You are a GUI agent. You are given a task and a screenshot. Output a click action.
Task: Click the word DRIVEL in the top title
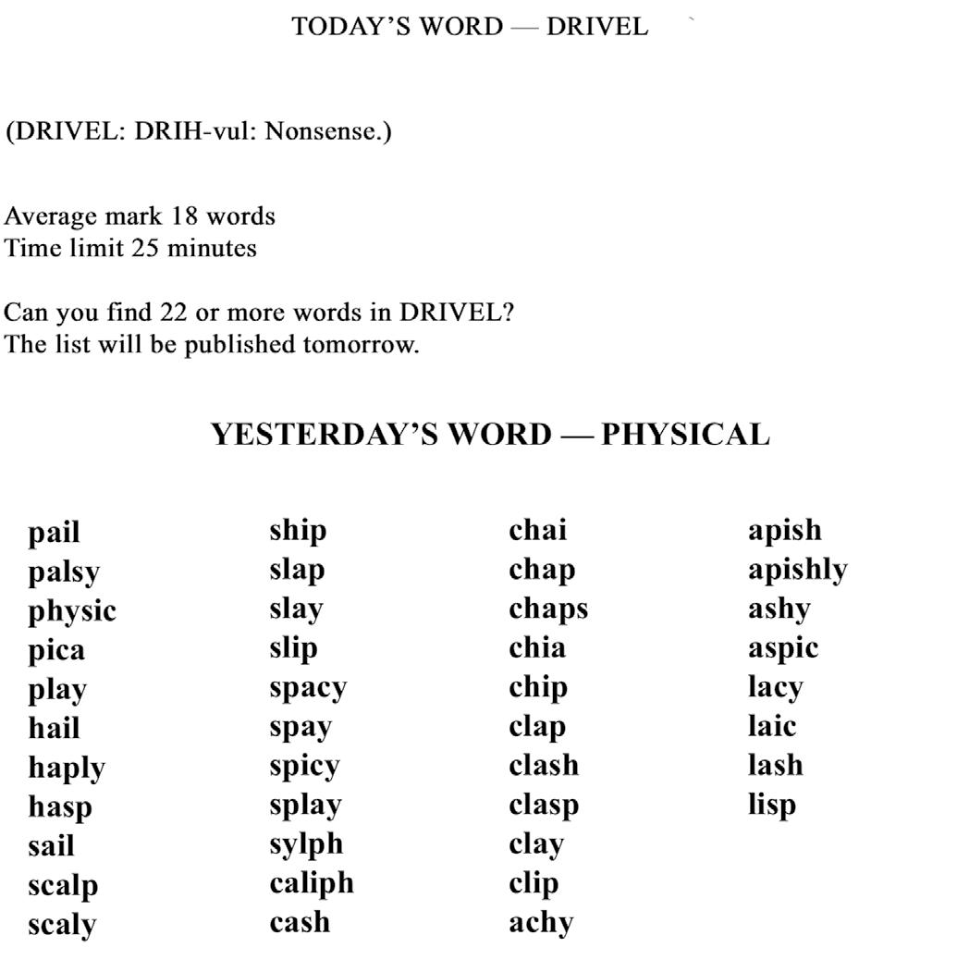[596, 27]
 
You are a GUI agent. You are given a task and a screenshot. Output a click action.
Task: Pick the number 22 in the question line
[173, 312]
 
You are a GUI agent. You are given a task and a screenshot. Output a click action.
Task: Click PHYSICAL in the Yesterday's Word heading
[685, 435]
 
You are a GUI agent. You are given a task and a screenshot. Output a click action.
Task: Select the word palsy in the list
[63, 572]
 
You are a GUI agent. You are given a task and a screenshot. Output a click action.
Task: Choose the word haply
[67, 769]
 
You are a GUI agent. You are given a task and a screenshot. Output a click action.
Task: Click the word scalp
[62, 886]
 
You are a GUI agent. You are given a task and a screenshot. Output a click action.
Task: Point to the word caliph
[312, 884]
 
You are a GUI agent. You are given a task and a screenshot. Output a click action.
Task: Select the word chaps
[547, 609]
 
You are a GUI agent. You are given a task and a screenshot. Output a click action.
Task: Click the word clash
[544, 766]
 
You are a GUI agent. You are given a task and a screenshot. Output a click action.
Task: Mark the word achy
[541, 923]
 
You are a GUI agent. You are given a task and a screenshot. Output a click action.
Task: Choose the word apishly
[797, 571]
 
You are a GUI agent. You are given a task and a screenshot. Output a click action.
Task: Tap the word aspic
[783, 649]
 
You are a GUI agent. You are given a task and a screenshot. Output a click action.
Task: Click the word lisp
[772, 806]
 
